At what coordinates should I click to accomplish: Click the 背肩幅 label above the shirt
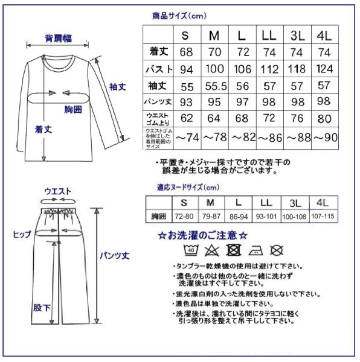click(x=59, y=38)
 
